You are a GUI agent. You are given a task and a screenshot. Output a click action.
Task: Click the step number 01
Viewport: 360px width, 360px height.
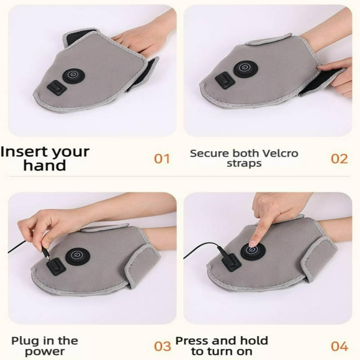(162, 159)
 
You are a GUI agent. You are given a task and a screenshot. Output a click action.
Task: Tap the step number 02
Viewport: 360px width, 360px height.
(339, 159)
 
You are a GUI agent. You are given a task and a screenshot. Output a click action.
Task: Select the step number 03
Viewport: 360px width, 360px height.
(162, 346)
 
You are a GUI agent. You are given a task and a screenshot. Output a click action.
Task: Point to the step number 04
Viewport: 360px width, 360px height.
(340, 346)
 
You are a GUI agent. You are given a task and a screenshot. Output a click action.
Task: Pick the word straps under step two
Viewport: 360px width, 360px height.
(244, 164)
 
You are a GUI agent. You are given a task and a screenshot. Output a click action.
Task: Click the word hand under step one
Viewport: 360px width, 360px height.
(45, 165)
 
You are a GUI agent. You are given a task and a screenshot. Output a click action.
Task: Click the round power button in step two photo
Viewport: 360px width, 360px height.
(245, 69)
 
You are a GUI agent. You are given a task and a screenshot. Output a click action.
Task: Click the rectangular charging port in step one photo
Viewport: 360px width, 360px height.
(57, 88)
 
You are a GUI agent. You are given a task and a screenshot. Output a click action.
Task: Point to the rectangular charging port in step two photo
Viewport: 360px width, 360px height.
(225, 81)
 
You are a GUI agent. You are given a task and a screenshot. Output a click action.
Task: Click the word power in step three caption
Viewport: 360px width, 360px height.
(45, 351)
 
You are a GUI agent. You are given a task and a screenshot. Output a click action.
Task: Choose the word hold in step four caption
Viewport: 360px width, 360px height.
(254, 341)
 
